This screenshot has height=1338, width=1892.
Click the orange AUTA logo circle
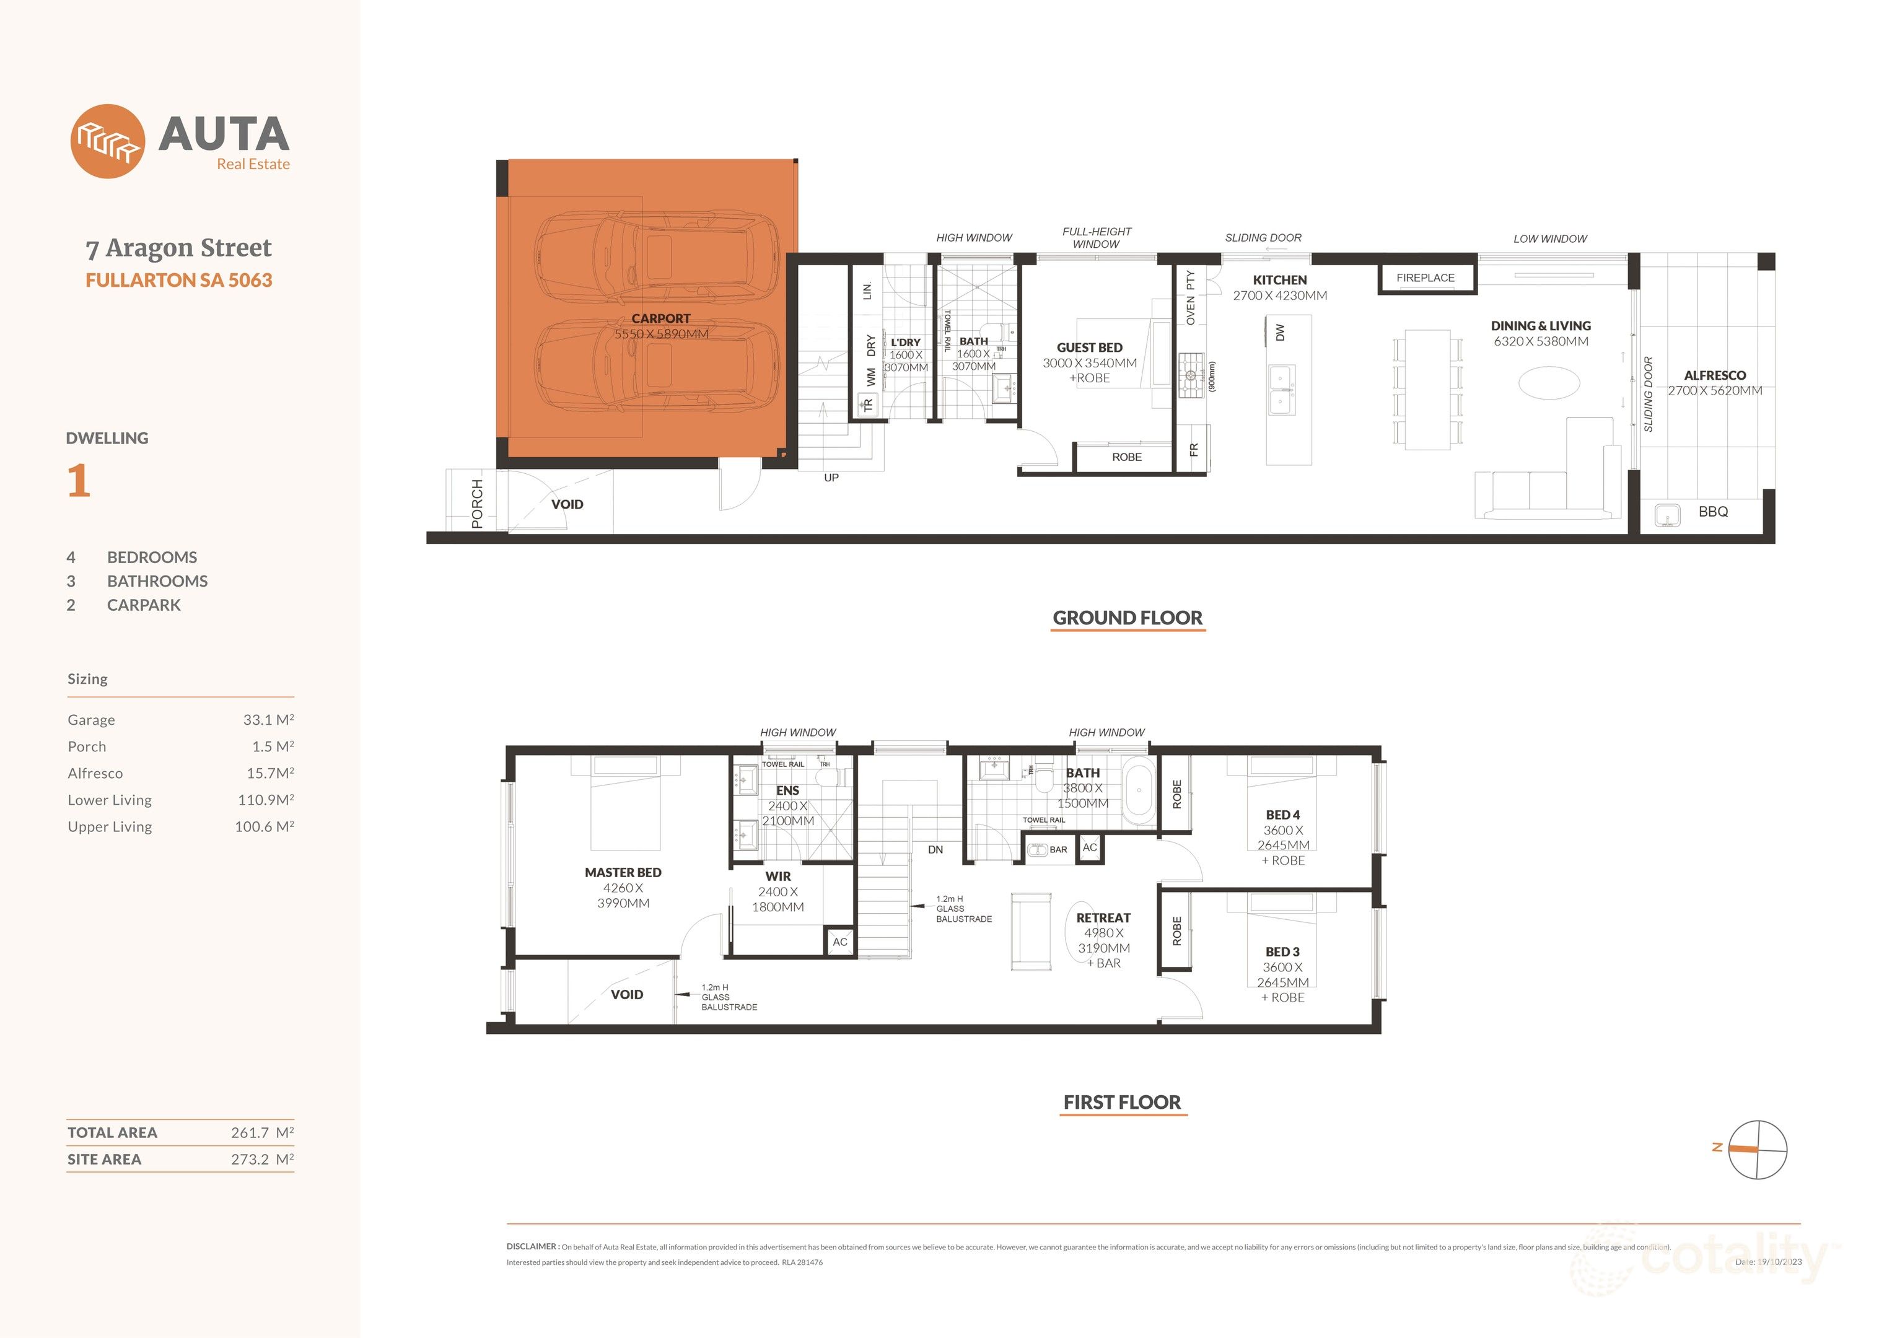point(108,141)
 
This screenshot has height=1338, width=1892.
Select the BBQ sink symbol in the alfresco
point(1668,515)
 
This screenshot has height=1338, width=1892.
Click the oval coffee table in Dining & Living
point(1549,383)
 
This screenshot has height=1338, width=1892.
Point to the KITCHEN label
point(1280,280)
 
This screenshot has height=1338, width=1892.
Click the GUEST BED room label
point(1089,348)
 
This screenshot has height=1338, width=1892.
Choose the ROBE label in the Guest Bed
point(1126,457)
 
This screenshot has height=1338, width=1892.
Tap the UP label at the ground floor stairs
point(831,478)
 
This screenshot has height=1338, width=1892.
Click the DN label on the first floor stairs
point(935,849)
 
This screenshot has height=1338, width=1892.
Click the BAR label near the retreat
point(1058,849)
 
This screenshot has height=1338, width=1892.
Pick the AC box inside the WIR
point(839,942)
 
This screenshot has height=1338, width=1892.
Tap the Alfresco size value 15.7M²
point(269,774)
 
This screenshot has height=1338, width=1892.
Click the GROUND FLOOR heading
point(1128,618)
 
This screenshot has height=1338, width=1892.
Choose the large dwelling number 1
point(78,481)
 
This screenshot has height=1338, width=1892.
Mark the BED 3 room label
point(1282,951)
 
